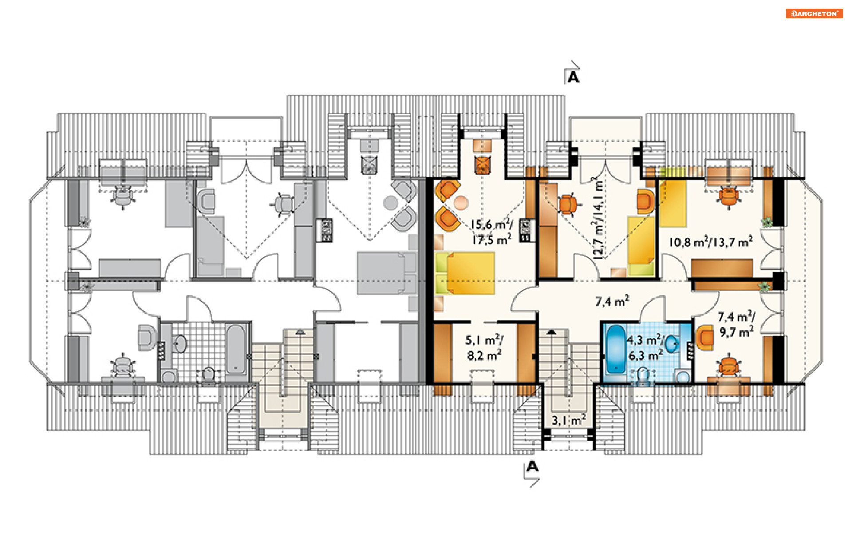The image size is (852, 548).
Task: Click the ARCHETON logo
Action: click(x=814, y=14)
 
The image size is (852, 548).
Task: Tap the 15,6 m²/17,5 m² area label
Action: click(x=492, y=232)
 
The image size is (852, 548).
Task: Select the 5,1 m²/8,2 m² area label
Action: click(x=484, y=348)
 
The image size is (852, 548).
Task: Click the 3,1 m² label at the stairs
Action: click(x=568, y=420)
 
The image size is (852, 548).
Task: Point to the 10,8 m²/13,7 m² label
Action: click(x=710, y=242)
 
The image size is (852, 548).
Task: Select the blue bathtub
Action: click(x=615, y=349)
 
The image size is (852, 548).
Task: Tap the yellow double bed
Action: click(x=465, y=273)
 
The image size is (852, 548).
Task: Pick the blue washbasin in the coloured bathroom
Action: click(x=672, y=343)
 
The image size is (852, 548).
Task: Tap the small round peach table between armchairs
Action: click(x=461, y=203)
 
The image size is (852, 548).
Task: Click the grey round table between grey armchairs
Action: click(x=390, y=203)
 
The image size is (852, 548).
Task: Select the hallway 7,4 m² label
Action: click(x=612, y=302)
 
